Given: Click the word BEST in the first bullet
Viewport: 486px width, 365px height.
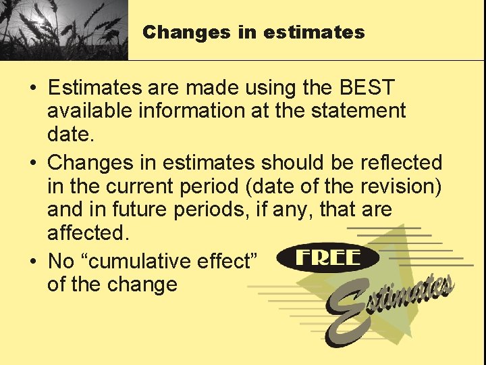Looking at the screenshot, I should pyautogui.click(x=367, y=88).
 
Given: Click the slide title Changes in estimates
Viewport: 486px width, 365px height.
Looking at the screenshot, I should pyautogui.click(x=253, y=32).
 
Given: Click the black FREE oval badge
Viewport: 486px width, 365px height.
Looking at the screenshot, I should pyautogui.click(x=328, y=258).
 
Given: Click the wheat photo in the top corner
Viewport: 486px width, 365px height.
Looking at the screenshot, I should pyautogui.click(x=63, y=30).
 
